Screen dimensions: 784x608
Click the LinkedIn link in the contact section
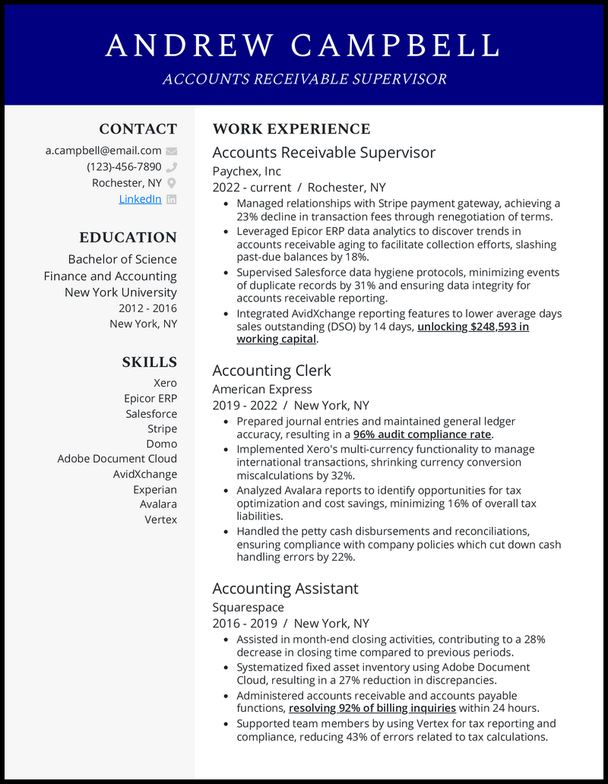tap(140, 199)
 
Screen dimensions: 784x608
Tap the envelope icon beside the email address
tap(172, 151)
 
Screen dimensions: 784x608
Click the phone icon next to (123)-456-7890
tap(172, 167)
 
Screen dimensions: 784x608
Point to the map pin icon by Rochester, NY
tap(172, 183)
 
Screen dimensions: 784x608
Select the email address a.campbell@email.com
tap(103, 150)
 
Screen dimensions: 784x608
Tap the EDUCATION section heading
tap(128, 237)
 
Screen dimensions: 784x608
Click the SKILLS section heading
tap(149, 362)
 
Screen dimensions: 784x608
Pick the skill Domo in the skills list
tap(161, 444)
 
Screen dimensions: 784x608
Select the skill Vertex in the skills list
tap(160, 520)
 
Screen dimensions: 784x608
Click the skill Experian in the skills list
tap(155, 489)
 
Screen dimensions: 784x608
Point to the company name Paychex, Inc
tap(247, 171)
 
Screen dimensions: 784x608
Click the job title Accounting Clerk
tap(271, 371)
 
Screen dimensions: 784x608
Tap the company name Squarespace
tap(249, 607)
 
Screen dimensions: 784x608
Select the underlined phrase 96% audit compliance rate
tap(423, 435)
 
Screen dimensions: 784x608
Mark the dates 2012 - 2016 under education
tap(147, 308)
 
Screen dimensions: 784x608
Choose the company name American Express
tap(262, 389)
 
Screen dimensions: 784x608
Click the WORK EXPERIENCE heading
tap(291, 129)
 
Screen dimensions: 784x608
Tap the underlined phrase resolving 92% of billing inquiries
tap(372, 708)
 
